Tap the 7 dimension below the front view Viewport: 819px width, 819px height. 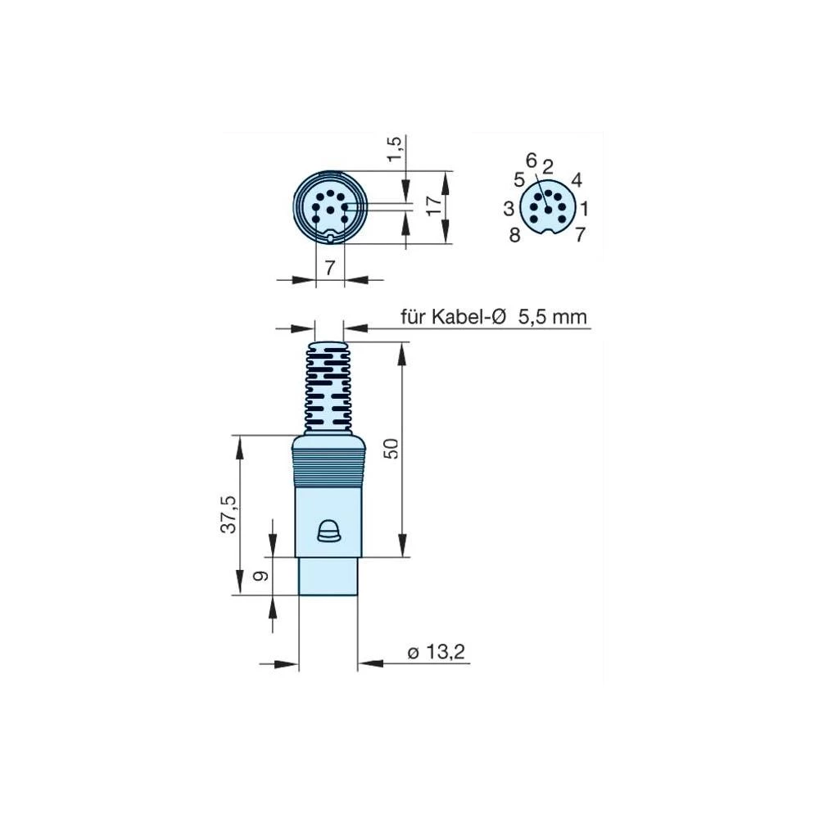point(330,268)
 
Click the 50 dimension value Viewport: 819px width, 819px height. point(391,449)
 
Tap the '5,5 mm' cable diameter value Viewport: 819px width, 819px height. point(553,317)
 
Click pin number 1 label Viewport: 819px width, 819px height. point(584,208)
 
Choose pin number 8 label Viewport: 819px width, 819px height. point(514,236)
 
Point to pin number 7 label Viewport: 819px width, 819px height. point(580,236)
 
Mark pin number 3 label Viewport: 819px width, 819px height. point(509,209)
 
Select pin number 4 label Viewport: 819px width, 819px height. point(577,179)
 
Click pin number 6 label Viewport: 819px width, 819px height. point(531,160)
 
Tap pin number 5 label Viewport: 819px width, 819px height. point(518,179)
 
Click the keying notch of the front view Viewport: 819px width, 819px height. point(330,239)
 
